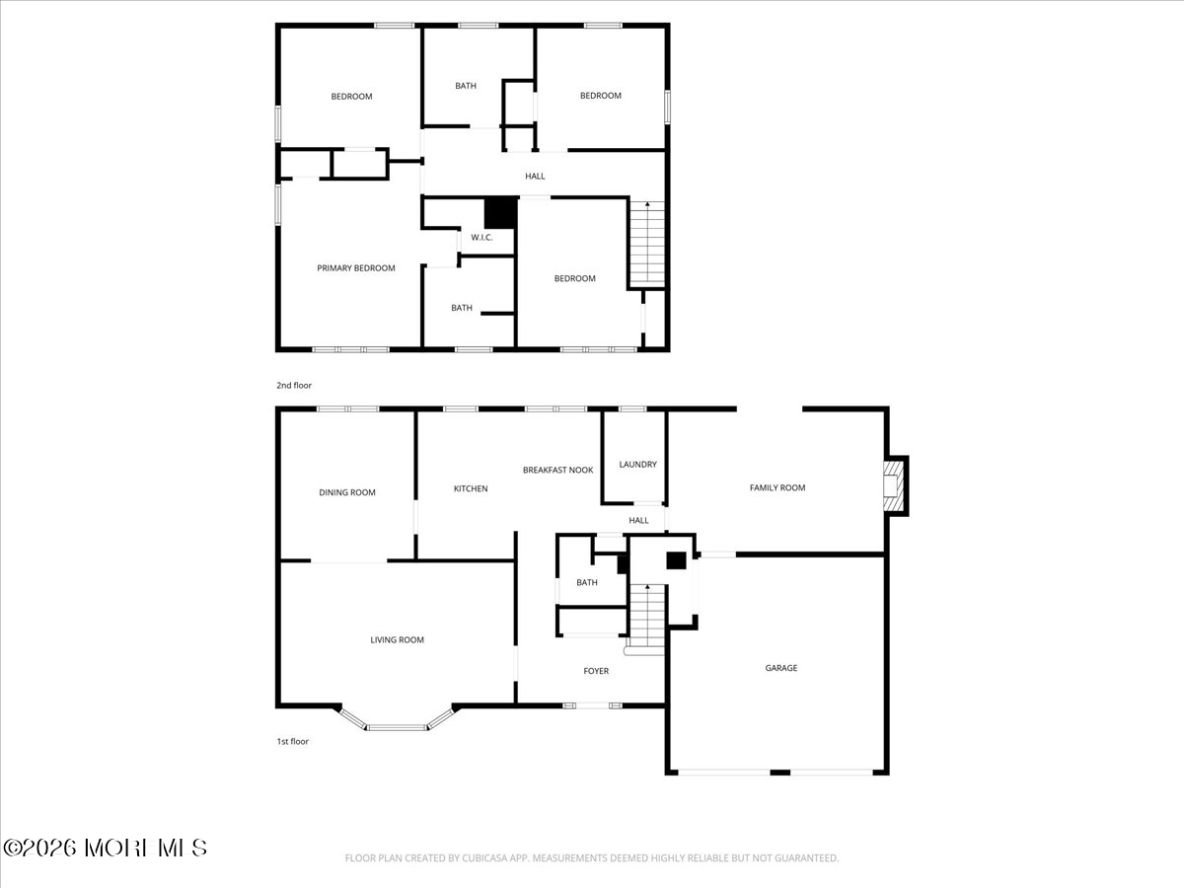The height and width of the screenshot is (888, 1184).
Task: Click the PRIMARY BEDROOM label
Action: point(355,268)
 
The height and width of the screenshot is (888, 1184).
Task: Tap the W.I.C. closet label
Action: point(481,238)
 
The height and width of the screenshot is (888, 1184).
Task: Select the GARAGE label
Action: point(780,668)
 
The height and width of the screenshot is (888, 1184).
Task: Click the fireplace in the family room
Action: point(893,485)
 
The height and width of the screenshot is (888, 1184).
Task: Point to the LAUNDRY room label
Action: point(637,465)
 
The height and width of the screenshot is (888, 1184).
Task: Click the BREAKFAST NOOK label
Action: point(557,471)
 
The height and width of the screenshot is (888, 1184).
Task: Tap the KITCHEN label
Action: point(470,488)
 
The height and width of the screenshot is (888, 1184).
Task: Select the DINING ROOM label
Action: point(346,492)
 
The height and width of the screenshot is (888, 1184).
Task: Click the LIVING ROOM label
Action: point(397,640)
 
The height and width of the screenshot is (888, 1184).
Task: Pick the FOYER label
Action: point(596,671)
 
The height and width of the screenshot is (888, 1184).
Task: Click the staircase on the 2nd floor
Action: point(646,244)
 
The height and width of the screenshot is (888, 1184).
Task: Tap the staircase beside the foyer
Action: point(647,617)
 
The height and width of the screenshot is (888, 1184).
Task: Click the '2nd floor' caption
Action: point(293,386)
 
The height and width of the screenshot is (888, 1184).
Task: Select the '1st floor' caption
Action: point(292,741)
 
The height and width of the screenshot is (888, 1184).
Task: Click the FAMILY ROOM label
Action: point(777,487)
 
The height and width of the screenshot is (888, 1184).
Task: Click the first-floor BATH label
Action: point(587,583)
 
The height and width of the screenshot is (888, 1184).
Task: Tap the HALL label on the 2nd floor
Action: point(535,177)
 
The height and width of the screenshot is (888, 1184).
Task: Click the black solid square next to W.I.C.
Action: point(500,214)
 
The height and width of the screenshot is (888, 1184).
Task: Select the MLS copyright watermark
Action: point(106,848)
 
